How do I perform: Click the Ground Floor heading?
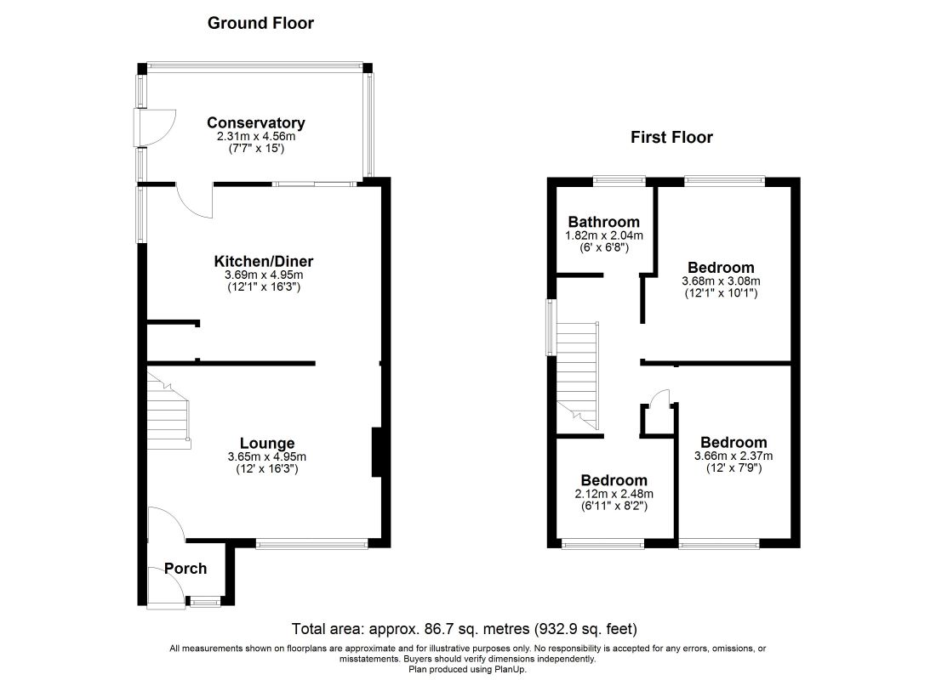pos(260,23)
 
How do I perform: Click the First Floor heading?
pos(671,137)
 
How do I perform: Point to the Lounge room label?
pos(267,443)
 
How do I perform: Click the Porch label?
pos(185,569)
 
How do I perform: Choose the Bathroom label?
pos(604,222)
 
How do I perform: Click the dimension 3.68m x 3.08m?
pos(721,281)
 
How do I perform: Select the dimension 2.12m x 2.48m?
pos(614,494)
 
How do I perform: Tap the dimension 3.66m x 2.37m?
pos(733,456)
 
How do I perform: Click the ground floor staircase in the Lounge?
pos(168,414)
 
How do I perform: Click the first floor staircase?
pos(578,374)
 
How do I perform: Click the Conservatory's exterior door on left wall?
pos(156,128)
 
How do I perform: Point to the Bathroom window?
pos(619,179)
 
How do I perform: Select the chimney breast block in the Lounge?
pos(375,453)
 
